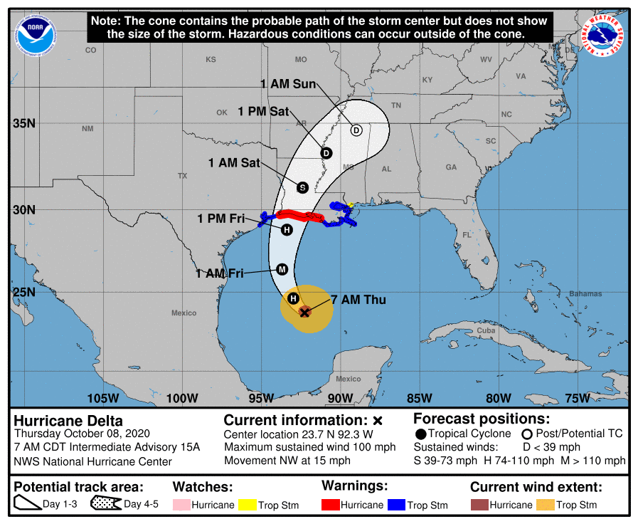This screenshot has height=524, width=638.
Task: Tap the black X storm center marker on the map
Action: (304, 312)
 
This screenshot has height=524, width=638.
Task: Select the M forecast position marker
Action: (282, 269)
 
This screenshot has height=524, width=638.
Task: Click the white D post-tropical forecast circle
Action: (356, 130)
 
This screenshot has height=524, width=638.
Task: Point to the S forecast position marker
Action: (302, 187)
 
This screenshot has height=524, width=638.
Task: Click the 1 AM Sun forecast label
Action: (287, 84)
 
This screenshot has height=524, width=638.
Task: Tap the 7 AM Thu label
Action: (358, 300)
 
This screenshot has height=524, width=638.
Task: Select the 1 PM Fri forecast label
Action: (220, 219)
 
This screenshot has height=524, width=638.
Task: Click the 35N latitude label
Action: (24, 123)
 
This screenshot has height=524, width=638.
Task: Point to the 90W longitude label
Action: (341, 397)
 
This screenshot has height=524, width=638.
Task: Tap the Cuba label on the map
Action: (486, 331)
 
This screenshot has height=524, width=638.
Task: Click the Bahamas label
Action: (585, 294)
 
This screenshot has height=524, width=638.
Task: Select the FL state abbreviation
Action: (467, 235)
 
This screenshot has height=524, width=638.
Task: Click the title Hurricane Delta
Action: (68, 421)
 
